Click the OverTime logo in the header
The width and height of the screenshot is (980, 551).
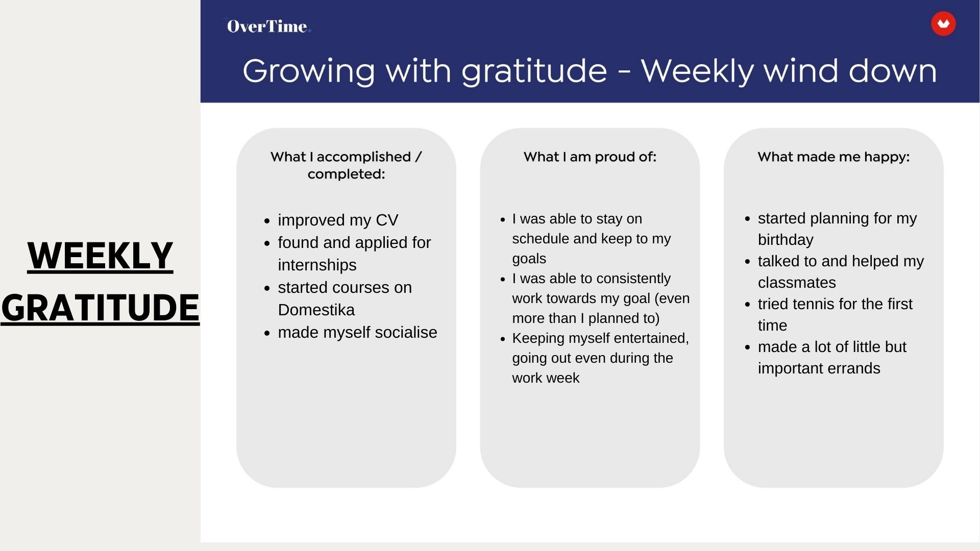[268, 26]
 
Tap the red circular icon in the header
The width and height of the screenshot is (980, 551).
[943, 24]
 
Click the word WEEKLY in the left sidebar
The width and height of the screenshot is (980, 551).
[100, 256]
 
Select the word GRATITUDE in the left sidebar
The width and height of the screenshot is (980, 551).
[100, 308]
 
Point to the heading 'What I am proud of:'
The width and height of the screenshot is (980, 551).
[590, 157]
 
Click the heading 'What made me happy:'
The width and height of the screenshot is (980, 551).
[834, 157]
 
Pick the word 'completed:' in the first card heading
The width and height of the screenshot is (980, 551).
[346, 174]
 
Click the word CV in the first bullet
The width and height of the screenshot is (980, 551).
[387, 220]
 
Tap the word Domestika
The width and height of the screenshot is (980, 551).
[316, 310]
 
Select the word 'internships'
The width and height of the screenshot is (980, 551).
[317, 265]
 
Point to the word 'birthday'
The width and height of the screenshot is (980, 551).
[786, 240]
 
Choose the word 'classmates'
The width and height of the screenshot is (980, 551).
[797, 283]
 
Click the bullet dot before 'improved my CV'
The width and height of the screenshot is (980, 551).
[267, 221]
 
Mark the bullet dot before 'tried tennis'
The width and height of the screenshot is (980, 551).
[747, 305]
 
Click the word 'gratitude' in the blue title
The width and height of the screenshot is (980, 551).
[534, 71]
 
